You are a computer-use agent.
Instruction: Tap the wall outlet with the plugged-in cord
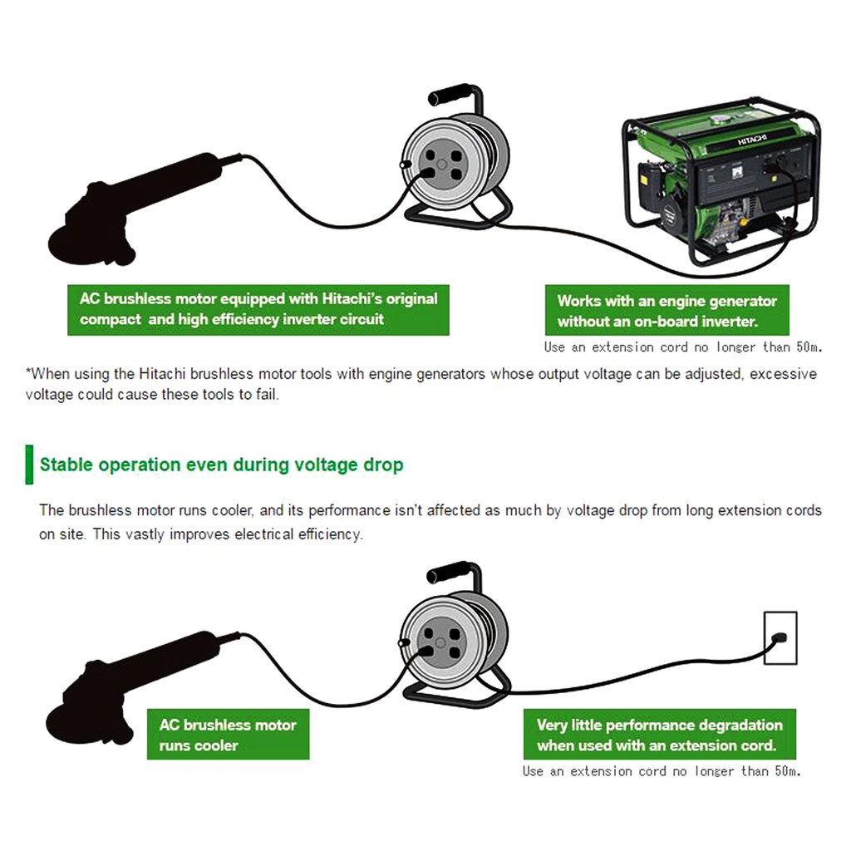[x=780, y=637]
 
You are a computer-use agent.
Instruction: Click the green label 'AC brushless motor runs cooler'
[x=228, y=735]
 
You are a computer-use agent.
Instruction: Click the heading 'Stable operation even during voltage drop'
[x=221, y=465]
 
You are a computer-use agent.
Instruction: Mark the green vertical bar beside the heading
[x=29, y=465]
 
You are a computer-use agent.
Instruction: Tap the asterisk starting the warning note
[x=28, y=372]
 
